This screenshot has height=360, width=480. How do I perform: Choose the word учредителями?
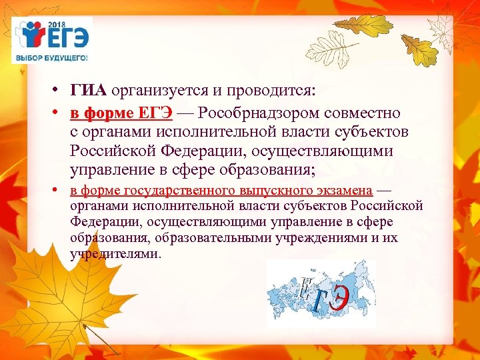click(115, 253)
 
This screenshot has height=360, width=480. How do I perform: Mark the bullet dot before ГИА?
click(59, 91)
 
